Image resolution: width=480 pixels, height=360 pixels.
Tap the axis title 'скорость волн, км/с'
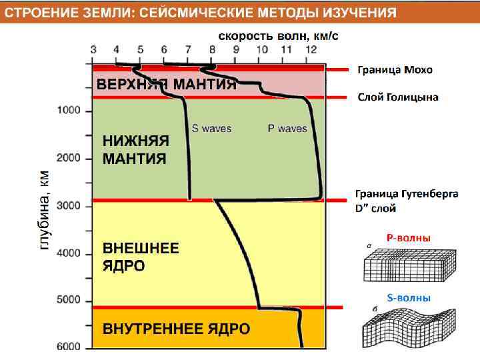(x=279, y=35)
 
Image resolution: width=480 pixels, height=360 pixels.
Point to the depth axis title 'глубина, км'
(x=44, y=209)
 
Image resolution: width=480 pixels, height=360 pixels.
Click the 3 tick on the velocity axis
(x=93, y=49)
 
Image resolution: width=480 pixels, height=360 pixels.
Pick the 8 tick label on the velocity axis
(x=213, y=49)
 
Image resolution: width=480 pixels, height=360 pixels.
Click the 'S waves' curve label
(x=211, y=128)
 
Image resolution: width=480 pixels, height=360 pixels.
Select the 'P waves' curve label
(x=287, y=128)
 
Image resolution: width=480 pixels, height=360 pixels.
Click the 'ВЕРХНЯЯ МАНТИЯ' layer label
(x=167, y=85)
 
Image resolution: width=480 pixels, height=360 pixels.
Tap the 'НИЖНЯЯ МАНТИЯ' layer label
(x=135, y=150)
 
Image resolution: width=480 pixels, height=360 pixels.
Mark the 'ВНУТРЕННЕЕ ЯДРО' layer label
(x=176, y=329)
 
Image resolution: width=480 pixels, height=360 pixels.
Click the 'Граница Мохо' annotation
(x=395, y=69)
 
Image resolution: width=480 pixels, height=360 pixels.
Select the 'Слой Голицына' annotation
(x=398, y=97)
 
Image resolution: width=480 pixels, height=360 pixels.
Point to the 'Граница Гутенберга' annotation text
(x=407, y=194)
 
